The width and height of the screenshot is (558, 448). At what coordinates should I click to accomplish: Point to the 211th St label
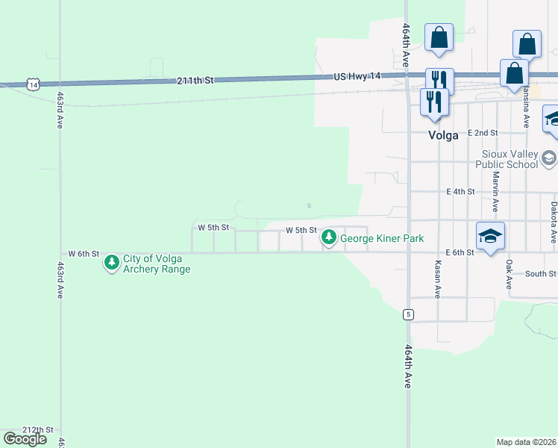(195, 79)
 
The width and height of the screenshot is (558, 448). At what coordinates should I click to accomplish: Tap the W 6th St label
(84, 254)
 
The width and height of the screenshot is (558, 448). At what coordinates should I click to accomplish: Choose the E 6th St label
(460, 253)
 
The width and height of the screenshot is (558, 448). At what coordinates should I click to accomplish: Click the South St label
(541, 274)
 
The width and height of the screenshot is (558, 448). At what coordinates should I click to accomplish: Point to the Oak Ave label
(509, 275)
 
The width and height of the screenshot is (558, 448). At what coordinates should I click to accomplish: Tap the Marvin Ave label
(495, 191)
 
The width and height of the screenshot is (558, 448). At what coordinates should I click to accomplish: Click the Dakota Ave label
(554, 222)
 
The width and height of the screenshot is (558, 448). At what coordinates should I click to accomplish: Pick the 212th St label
(39, 430)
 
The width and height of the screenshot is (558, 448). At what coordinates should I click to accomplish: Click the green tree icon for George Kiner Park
(328, 238)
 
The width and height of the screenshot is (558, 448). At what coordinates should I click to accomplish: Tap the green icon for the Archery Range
(112, 262)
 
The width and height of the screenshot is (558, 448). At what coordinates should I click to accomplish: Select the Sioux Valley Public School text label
(509, 159)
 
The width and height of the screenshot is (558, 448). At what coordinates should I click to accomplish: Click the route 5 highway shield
(408, 314)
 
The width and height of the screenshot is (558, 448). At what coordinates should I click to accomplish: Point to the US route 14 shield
(32, 84)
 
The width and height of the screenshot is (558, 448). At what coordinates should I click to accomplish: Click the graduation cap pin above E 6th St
(490, 237)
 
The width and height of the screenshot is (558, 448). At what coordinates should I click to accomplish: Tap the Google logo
(25, 439)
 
